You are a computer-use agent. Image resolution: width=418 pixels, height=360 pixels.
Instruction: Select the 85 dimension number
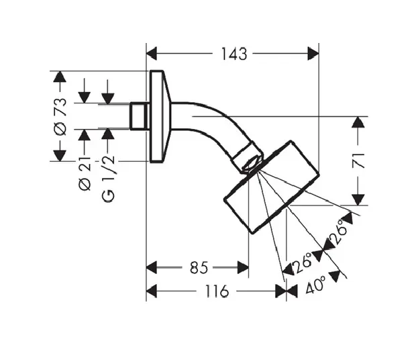(197, 268)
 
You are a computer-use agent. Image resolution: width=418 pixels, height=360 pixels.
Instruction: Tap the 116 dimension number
(215, 291)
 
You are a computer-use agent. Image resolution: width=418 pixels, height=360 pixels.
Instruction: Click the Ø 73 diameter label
(60, 117)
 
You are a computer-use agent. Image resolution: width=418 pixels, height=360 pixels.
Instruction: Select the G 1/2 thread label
(108, 177)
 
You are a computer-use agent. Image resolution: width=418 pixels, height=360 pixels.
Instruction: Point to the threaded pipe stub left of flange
(140, 116)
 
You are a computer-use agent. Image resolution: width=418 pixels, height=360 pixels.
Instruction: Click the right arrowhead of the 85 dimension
(244, 268)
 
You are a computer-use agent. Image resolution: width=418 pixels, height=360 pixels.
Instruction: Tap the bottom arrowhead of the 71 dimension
(359, 199)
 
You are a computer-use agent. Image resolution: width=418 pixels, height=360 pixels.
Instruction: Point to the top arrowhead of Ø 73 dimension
(60, 76)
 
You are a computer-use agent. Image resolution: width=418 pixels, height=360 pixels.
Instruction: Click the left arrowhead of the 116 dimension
(152, 291)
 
